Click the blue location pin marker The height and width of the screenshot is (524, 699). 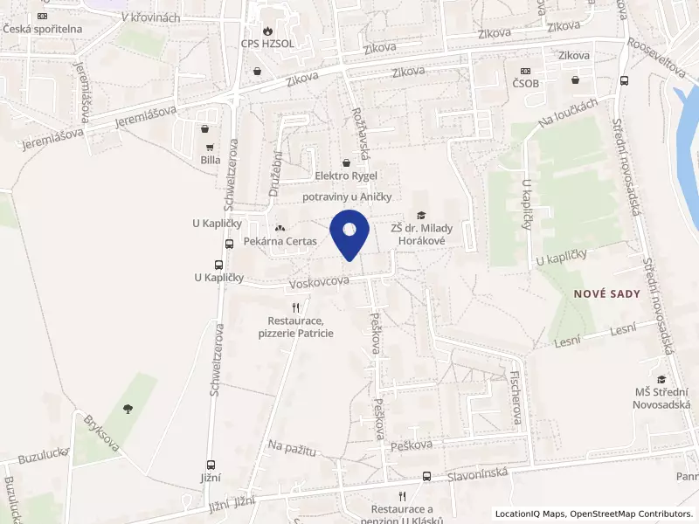pyautogui.click(x=349, y=233)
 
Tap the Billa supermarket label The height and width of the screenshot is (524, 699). pyautogui.click(x=210, y=160)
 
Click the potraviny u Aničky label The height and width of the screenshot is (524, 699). pyautogui.click(x=346, y=197)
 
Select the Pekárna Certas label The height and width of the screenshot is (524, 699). pyautogui.click(x=280, y=241)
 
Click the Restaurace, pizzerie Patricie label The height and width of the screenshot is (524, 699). pyautogui.click(x=296, y=327)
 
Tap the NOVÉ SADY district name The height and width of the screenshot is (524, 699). pyautogui.click(x=607, y=294)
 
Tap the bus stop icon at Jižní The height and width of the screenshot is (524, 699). pyautogui.click(x=211, y=465)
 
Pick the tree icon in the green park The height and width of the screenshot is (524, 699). pyautogui.click(x=128, y=408)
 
